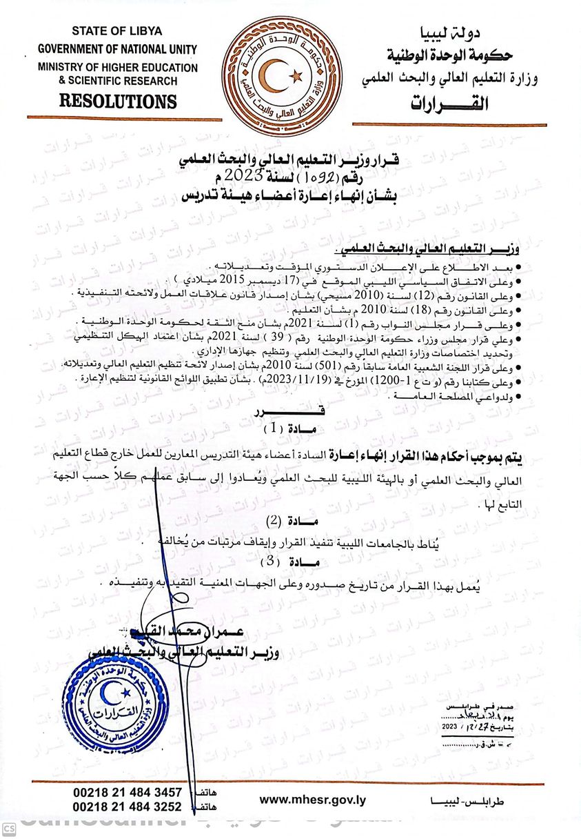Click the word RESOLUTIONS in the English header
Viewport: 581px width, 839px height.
[118, 101]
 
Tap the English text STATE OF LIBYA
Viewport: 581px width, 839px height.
[116, 32]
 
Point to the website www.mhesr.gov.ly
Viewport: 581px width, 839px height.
[312, 800]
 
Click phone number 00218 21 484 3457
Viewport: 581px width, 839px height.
[128, 792]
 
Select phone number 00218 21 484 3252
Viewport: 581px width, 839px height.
[128, 807]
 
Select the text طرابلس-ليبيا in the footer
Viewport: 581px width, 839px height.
[466, 802]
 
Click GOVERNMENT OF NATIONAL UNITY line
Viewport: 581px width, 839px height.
[117, 50]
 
